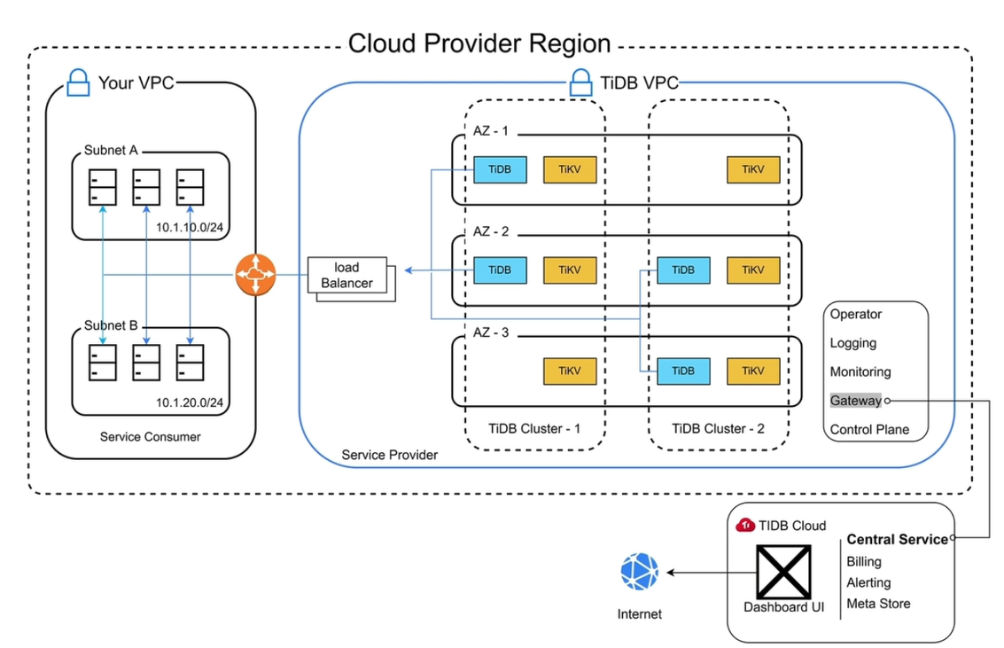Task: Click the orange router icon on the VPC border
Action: [x=255, y=275]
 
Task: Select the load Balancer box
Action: [x=352, y=276]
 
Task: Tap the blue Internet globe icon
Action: [x=640, y=573]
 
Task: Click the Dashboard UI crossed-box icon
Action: [x=782, y=572]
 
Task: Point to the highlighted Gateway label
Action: [x=855, y=401]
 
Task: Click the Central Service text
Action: [x=897, y=539]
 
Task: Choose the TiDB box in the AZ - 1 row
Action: [x=500, y=170]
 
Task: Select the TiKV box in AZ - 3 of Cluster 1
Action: [x=570, y=371]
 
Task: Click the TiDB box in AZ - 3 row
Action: [x=683, y=371]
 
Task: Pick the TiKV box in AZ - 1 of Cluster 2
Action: [x=753, y=170]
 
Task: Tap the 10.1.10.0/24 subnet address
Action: [x=189, y=228]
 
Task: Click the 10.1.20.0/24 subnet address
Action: [x=189, y=403]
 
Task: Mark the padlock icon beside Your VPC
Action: [x=78, y=83]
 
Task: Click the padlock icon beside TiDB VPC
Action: [x=580, y=83]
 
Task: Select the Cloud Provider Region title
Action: [x=479, y=43]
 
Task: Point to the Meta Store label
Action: [x=878, y=604]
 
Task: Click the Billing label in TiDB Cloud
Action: [x=864, y=561]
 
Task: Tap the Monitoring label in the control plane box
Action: [x=860, y=372]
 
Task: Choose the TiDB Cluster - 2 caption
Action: [x=718, y=428]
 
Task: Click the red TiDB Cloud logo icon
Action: [x=745, y=525]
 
